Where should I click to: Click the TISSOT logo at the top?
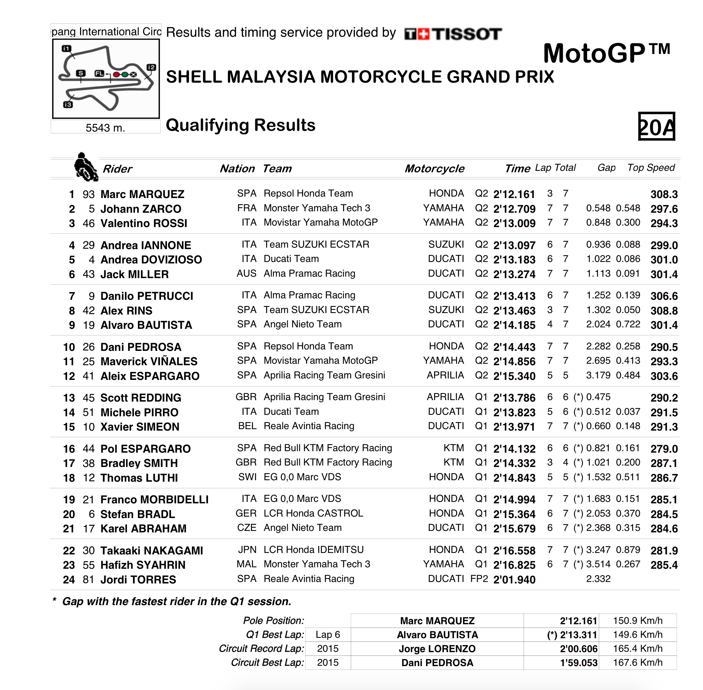[x=453, y=34]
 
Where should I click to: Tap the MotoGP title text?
[x=606, y=54]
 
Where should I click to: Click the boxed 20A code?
[x=656, y=126]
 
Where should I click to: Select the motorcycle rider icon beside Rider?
[x=85, y=167]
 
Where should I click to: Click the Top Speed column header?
[x=651, y=168]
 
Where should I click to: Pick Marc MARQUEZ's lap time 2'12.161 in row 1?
[x=514, y=194]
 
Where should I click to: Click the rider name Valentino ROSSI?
[x=144, y=223]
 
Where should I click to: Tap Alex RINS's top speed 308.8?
[x=664, y=311]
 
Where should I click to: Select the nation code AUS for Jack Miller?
[x=246, y=274]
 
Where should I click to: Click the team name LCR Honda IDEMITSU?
[x=313, y=550]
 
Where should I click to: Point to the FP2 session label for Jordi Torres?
[x=479, y=579]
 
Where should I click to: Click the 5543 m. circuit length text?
[x=105, y=128]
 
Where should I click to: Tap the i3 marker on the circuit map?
[x=68, y=105]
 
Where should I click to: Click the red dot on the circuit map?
[x=116, y=75]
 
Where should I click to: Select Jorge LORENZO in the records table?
[x=437, y=649]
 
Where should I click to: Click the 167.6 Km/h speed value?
[x=638, y=663]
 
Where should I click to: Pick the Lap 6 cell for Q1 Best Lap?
[x=328, y=635]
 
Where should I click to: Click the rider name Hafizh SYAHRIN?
[x=143, y=565]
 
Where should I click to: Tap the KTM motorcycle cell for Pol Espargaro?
[x=454, y=448]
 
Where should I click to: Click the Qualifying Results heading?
[x=241, y=125]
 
